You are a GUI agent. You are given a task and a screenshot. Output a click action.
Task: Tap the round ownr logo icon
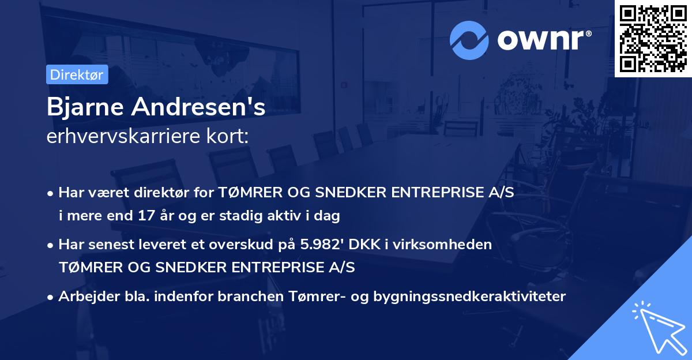pos(469,40)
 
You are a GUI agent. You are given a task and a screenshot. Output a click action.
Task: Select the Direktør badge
pos(77,74)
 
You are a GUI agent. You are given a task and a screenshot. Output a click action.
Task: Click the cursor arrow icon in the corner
pos(657,329)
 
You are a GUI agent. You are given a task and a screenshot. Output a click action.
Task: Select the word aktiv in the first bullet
pos(288,216)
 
